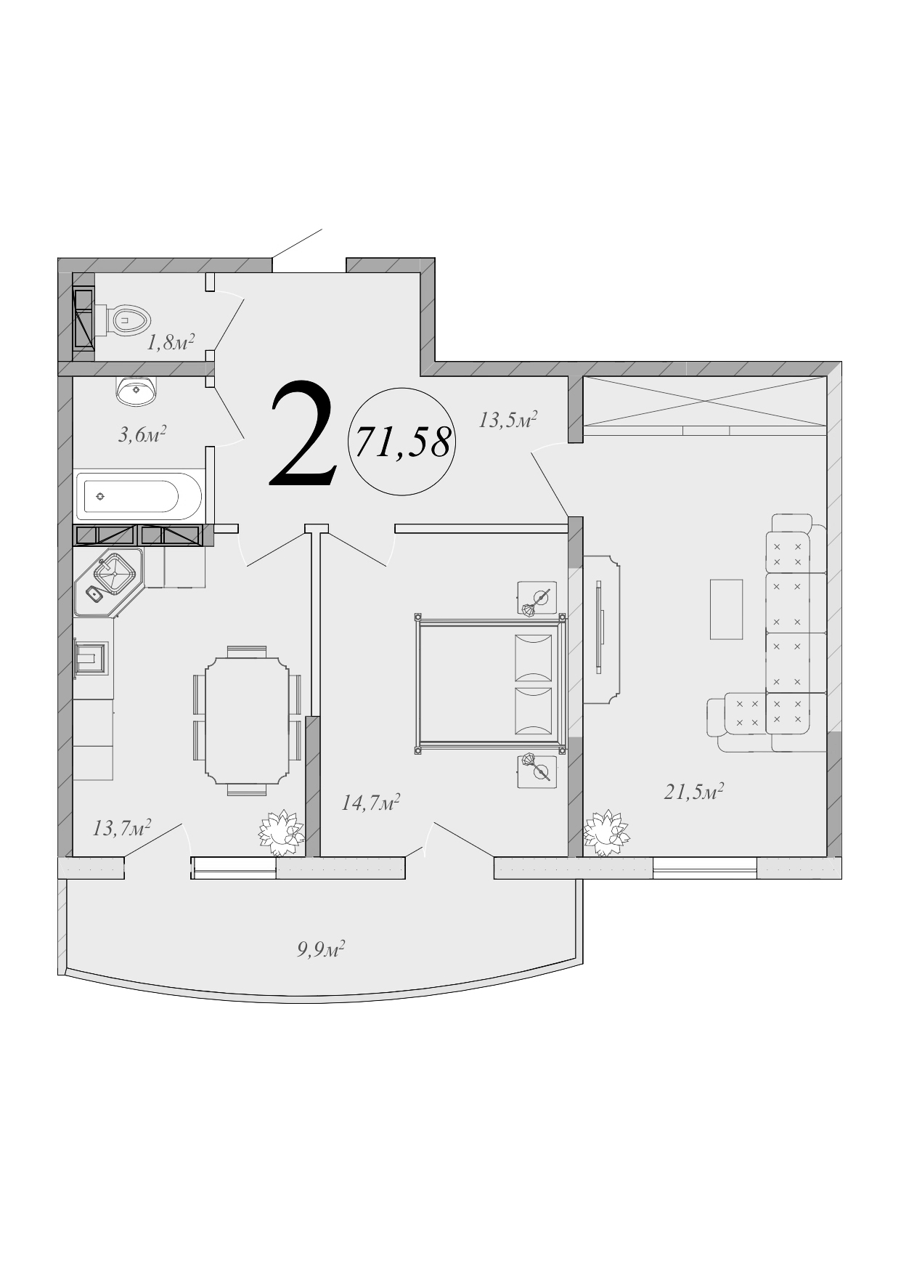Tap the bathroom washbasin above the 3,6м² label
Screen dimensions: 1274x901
pos(136,391)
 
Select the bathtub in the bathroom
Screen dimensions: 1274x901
pos(139,496)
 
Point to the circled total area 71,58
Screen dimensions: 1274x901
pos(401,442)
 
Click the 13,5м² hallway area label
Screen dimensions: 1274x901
pos(507,420)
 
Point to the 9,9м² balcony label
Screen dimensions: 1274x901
pos(320,949)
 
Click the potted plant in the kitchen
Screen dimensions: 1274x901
pos(281,832)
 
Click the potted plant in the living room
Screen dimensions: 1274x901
pos(606,832)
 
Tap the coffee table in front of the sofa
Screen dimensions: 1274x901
pos(726,609)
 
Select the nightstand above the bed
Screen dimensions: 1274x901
pos(537,599)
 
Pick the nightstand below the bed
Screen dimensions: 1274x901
pos(537,771)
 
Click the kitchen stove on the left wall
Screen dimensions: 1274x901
pos(92,660)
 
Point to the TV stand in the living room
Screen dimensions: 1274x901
pos(601,629)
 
